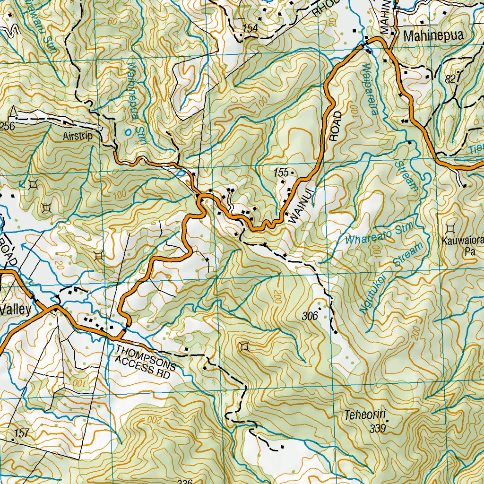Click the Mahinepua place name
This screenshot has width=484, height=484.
(x=432, y=35)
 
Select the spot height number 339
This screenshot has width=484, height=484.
(x=378, y=429)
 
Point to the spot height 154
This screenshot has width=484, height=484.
(x=250, y=29)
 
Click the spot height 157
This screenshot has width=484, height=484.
(x=22, y=432)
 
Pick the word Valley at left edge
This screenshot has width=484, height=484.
(x=16, y=310)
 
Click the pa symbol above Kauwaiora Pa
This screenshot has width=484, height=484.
(x=450, y=228)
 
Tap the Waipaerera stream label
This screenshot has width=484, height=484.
(x=369, y=90)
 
